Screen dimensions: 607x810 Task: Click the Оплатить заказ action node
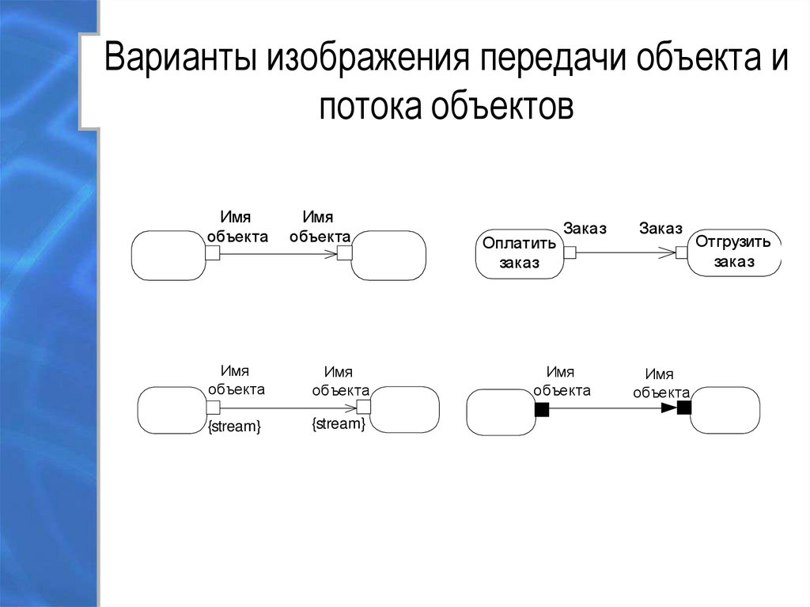[519, 253]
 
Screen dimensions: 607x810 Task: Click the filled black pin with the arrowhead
[684, 408]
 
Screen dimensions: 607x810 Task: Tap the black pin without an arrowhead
[542, 409]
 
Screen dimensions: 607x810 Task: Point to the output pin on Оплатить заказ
[570, 253]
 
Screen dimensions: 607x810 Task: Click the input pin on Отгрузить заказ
[681, 252]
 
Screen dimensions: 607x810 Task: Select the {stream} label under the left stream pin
[234, 427]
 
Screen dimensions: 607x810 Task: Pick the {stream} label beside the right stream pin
[339, 425]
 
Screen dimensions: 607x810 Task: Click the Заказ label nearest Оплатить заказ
[585, 229]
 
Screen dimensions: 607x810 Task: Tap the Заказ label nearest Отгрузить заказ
[660, 229]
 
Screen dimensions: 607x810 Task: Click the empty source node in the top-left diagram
[167, 256]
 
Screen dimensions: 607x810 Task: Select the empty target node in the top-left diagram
[388, 256]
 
